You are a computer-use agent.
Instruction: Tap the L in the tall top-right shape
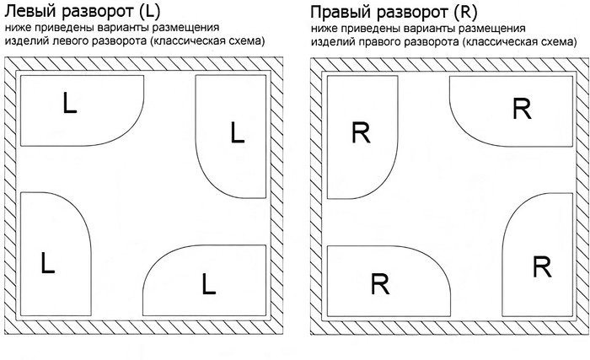click(237, 132)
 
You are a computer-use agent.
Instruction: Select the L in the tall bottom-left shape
click(47, 262)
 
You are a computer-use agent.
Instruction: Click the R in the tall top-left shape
click(361, 132)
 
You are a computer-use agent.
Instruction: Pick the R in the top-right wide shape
click(522, 109)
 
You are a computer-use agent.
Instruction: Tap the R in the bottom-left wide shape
click(378, 284)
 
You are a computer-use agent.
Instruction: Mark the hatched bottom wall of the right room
click(447, 330)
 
